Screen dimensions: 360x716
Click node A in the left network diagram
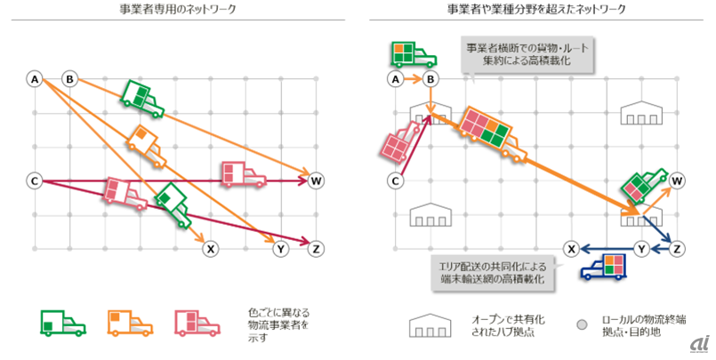click(34, 79)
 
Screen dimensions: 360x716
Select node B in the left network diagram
click(68, 79)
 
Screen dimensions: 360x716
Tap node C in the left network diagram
click(34, 181)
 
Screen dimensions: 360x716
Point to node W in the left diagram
click(315, 181)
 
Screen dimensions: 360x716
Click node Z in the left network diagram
click(315, 249)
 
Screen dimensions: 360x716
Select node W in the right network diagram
click(678, 181)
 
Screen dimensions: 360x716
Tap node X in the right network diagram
click(574, 249)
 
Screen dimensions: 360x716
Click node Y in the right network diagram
click(642, 249)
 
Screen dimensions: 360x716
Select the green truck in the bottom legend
click(62, 323)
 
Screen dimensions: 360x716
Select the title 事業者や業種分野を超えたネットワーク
click(536, 10)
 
